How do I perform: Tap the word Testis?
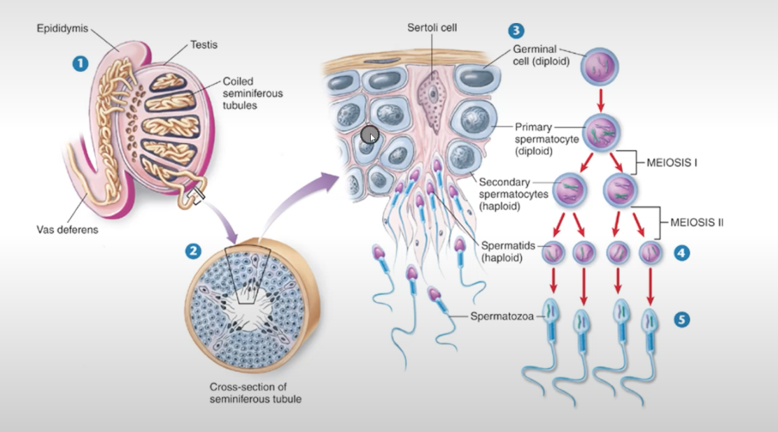[204, 45]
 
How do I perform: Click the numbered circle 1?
[83, 64]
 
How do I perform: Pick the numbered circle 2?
[191, 250]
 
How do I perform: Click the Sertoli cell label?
[432, 27]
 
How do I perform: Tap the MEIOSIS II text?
[696, 223]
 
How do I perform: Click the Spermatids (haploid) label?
[507, 251]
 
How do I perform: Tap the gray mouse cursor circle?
[369, 136]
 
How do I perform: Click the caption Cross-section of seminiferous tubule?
[248, 393]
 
